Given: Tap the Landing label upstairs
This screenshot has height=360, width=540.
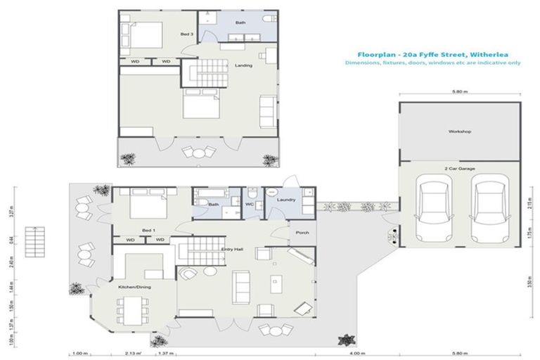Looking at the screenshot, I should tap(243, 66).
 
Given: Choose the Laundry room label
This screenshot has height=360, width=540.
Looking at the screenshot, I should tap(286, 200).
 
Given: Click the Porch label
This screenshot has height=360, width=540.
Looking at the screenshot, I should tap(302, 233).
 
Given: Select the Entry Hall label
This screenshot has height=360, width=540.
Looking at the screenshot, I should tap(232, 249).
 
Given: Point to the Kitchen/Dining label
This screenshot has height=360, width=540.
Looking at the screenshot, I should tap(134, 287).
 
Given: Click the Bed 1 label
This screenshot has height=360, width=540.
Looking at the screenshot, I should tap(148, 230).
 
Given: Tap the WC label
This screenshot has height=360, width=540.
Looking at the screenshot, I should tap(249, 204).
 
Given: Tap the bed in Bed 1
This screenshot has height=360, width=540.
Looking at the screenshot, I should tap(146, 205).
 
